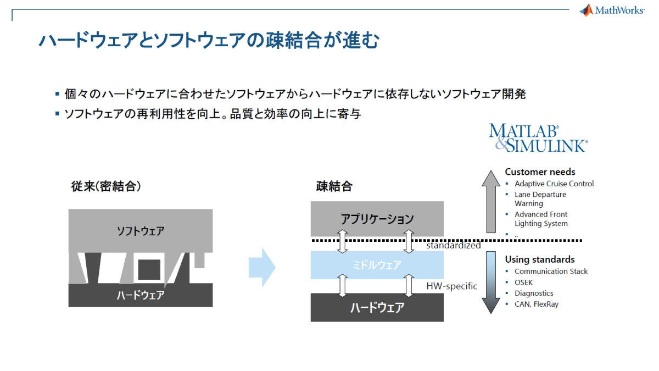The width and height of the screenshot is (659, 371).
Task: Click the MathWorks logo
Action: (x=612, y=10)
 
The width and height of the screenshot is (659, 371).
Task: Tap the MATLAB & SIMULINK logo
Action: (x=538, y=137)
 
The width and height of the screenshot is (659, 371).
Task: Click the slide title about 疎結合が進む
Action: (x=208, y=41)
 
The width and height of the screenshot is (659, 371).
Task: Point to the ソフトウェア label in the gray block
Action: (x=141, y=230)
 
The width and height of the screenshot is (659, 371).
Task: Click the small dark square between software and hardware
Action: (x=149, y=269)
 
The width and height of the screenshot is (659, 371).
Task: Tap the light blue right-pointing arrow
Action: (x=262, y=268)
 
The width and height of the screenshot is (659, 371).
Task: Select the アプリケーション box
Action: (x=377, y=219)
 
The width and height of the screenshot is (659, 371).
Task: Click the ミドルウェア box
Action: (x=377, y=265)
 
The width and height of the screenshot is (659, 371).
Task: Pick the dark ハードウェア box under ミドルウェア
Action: (x=377, y=307)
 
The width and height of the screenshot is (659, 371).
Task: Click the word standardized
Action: (x=453, y=246)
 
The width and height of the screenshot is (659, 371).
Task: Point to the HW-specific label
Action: (x=451, y=286)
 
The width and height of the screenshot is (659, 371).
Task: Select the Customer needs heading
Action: (x=540, y=172)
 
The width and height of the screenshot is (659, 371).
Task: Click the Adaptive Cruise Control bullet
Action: (x=554, y=184)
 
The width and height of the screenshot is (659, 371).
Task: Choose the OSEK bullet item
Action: (x=523, y=283)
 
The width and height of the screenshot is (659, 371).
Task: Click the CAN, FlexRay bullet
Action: (x=536, y=304)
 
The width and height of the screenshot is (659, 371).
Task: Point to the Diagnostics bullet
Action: (x=533, y=294)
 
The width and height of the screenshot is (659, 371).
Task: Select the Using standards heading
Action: (x=539, y=259)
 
